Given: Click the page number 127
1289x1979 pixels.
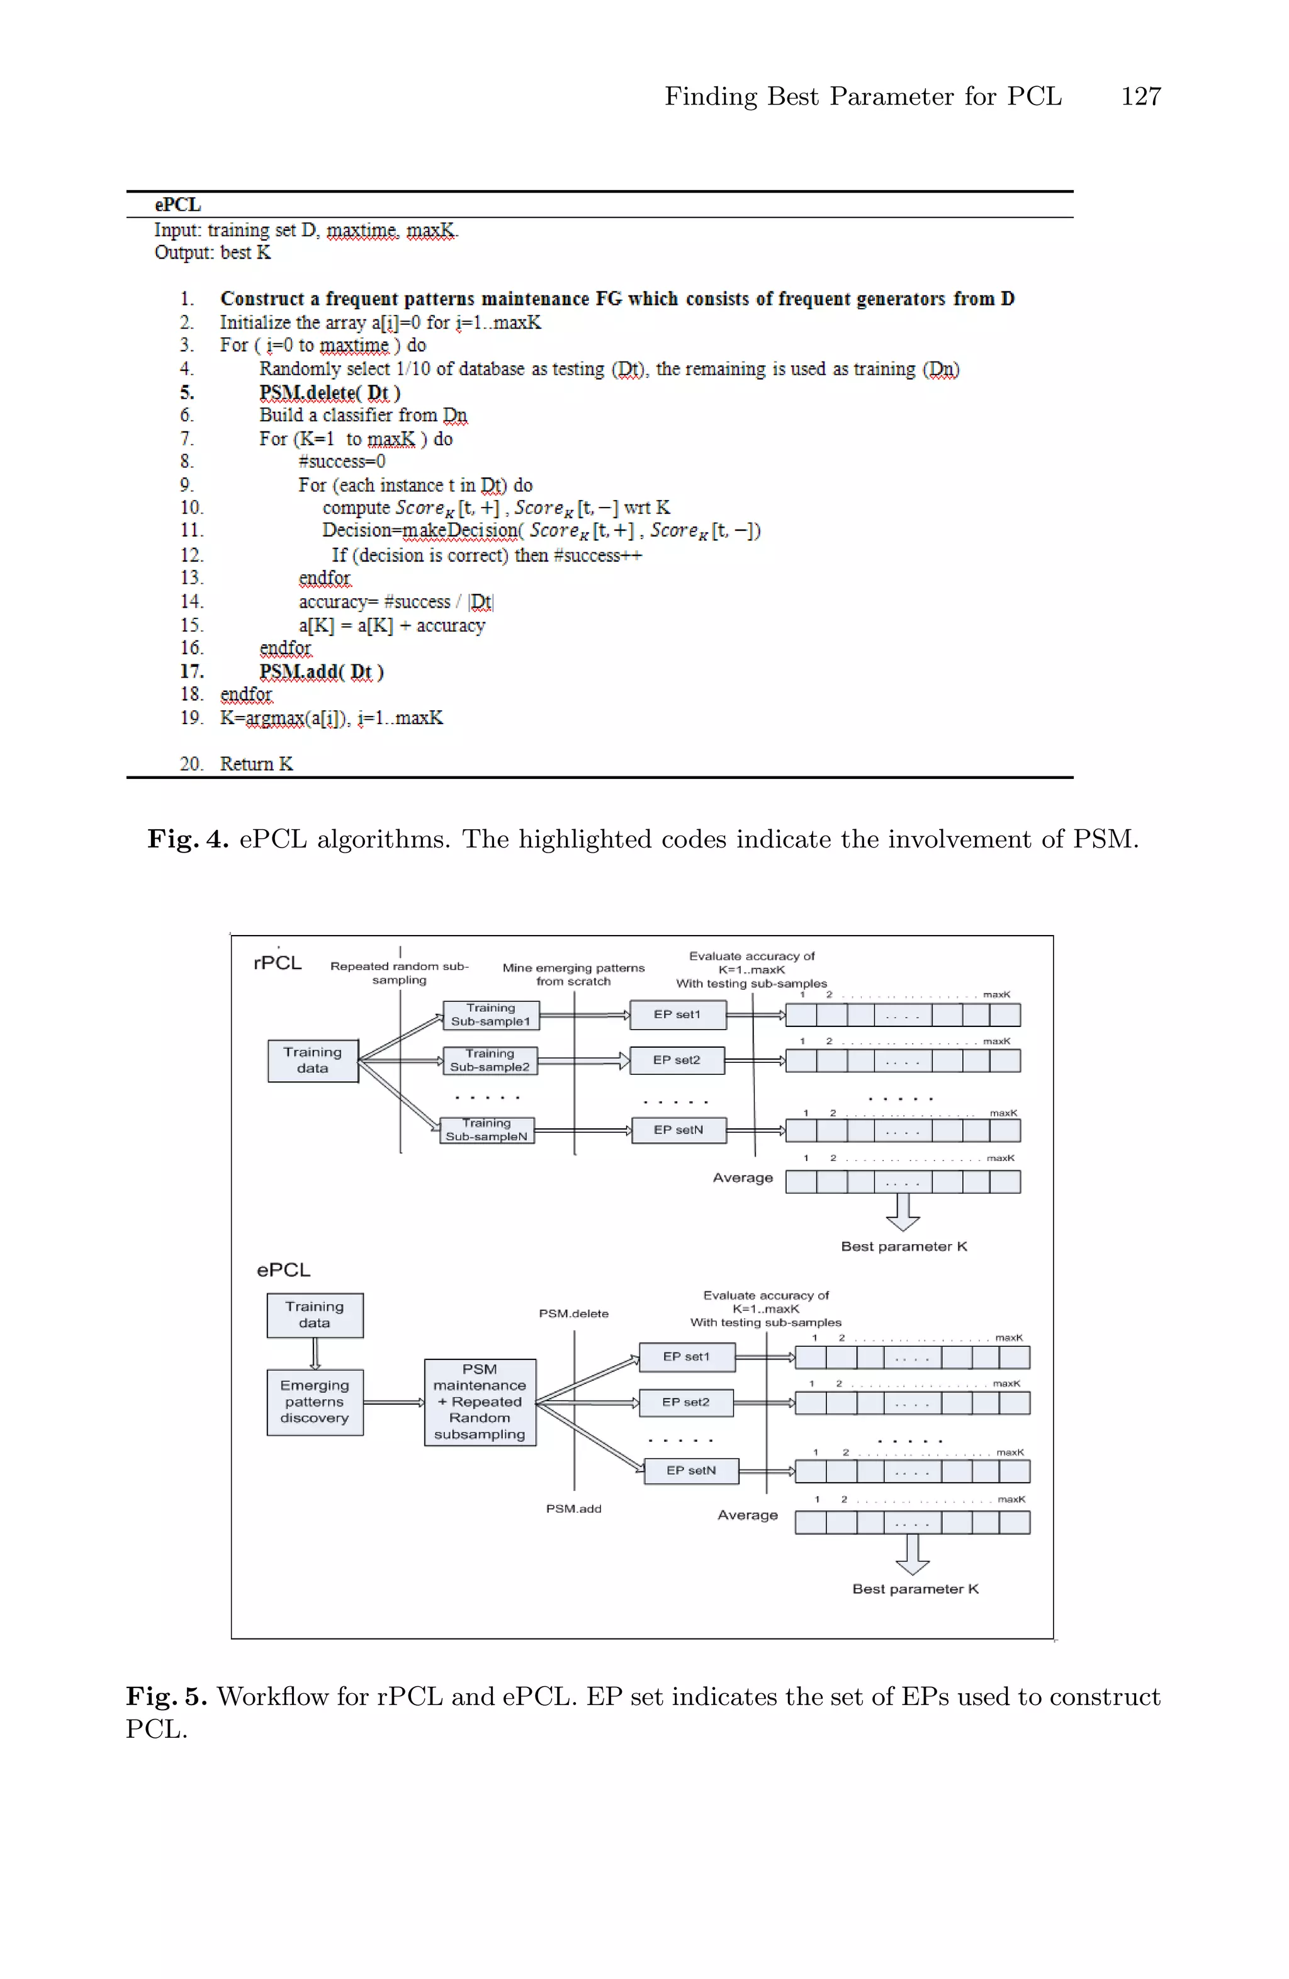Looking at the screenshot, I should point(1140,96).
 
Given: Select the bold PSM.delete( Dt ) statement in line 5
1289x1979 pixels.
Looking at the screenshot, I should point(330,392).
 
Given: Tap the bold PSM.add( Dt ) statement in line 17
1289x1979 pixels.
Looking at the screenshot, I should point(322,671).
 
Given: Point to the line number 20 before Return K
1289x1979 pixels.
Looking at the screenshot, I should point(191,763).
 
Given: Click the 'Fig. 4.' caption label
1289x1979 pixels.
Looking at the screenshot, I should point(188,839).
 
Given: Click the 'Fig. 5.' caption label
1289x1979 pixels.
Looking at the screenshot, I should point(166,1697).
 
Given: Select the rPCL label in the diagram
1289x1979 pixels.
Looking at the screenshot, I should point(278,963).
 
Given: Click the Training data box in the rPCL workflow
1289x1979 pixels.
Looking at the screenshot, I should point(312,1060).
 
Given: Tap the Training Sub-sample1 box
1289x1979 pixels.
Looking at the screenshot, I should point(490,1014).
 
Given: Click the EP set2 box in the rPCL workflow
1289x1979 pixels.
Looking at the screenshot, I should point(677,1060).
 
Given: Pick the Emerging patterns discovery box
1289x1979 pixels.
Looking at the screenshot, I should point(314,1402).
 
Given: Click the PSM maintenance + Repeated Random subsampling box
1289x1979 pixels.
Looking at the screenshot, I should point(480,1402).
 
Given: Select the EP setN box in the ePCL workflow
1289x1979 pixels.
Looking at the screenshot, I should point(690,1470).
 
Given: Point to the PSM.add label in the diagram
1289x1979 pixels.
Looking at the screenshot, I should point(573,1509).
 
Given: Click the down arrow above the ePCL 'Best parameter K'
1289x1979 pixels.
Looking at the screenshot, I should point(913,1554).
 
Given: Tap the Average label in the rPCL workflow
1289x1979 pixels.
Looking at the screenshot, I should point(742,1177).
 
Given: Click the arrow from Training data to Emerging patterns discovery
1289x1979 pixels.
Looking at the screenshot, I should point(315,1353).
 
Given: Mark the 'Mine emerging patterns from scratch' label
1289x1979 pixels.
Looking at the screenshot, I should point(573,975).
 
